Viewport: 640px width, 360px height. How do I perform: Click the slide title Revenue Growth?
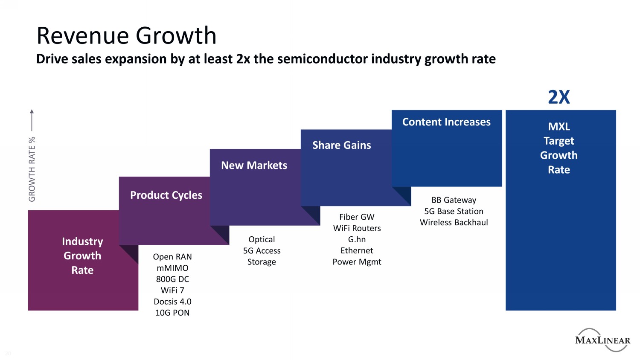pyautogui.click(x=126, y=35)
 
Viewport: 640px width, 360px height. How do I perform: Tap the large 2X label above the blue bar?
pyautogui.click(x=559, y=97)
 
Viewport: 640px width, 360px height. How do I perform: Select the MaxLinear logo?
pyautogui.click(x=602, y=340)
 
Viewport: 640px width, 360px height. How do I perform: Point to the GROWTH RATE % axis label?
pyautogui.click(x=32, y=169)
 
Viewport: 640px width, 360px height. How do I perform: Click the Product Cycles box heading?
pyautogui.click(x=166, y=195)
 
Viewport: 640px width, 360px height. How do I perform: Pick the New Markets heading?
pyautogui.click(x=254, y=165)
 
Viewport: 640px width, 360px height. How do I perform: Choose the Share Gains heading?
pyautogui.click(x=341, y=145)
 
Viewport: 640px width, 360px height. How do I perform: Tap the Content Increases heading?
pyautogui.click(x=446, y=122)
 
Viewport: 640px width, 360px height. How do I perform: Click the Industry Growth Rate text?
pyautogui.click(x=82, y=255)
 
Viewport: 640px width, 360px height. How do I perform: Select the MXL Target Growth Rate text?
pyautogui.click(x=559, y=148)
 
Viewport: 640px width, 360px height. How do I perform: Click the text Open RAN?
pyautogui.click(x=172, y=257)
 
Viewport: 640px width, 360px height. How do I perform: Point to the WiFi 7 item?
pyautogui.click(x=172, y=290)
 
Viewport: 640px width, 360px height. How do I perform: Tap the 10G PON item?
pyautogui.click(x=172, y=313)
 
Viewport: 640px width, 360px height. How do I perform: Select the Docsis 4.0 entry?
pyautogui.click(x=172, y=302)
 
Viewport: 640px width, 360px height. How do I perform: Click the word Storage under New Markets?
pyautogui.click(x=262, y=262)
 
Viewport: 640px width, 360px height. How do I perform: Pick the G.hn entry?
pyautogui.click(x=357, y=239)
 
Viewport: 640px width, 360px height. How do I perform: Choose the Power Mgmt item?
pyautogui.click(x=357, y=262)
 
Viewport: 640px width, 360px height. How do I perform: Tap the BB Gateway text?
pyautogui.click(x=454, y=200)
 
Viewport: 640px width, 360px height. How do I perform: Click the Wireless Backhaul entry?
pyautogui.click(x=454, y=222)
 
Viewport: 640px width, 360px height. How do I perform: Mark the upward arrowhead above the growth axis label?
pyautogui.click(x=32, y=112)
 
